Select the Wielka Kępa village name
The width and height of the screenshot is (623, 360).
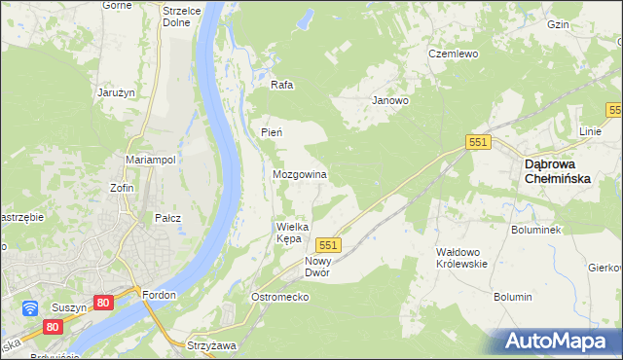click(292, 232)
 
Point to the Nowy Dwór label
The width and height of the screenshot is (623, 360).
click(317, 267)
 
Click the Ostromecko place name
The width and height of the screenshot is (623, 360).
click(279, 296)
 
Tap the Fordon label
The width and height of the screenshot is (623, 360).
click(157, 295)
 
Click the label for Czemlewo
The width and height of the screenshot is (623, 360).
click(454, 54)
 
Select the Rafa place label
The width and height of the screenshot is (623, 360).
click(281, 85)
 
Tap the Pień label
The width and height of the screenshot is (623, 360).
click(271, 131)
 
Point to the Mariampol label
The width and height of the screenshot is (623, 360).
click(150, 160)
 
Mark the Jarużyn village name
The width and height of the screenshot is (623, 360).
click(114, 92)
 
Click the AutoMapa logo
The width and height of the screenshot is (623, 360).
click(559, 342)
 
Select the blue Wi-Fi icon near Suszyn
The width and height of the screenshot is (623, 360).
click(30, 308)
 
